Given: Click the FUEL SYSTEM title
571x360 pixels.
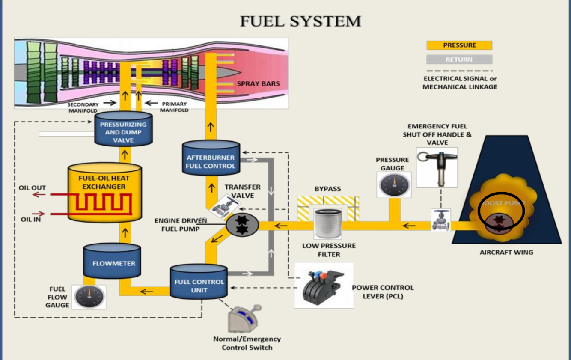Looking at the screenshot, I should coord(300,21).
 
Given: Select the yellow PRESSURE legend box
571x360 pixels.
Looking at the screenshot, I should coord(459,45).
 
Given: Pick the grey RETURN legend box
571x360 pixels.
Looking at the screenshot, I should coord(459,60).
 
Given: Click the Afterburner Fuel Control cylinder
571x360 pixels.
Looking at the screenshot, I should coord(211,158).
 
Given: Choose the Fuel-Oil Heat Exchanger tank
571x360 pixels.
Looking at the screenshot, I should coord(104,192).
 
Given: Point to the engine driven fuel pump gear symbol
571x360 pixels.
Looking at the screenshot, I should coord(242,225).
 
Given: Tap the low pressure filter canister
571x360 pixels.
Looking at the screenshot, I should coord(328,223).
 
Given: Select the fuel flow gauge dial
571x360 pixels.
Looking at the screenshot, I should coord(89,296).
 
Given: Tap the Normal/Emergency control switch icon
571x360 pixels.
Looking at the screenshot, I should coord(244,318).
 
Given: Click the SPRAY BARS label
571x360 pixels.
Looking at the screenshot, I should coord(258,84).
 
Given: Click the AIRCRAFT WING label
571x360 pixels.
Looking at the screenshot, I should coord(506,252).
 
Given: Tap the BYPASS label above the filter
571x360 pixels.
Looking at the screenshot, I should coord(327,189).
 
